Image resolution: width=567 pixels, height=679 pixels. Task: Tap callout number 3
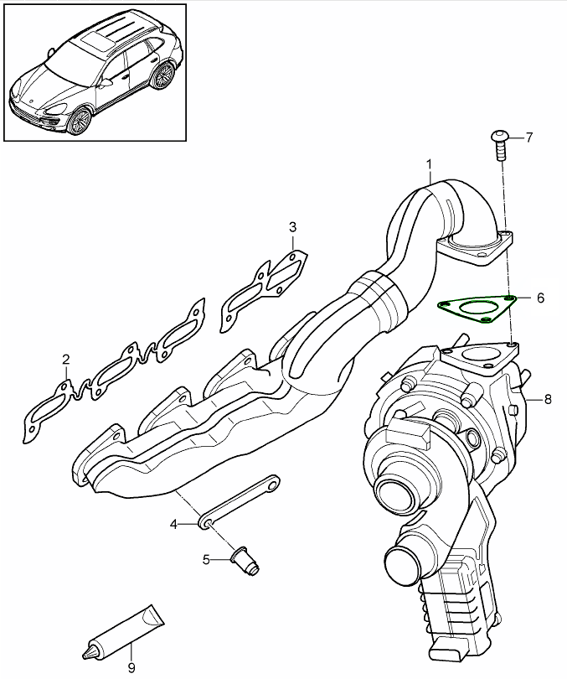(x=292, y=227)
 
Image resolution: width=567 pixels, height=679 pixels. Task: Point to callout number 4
(x=174, y=524)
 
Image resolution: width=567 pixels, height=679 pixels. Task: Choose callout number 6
(x=540, y=298)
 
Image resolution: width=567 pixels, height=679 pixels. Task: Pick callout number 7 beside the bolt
(x=528, y=137)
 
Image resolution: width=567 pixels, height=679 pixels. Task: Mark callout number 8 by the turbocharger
(x=548, y=399)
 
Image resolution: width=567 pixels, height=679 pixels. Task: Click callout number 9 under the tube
(x=131, y=667)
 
